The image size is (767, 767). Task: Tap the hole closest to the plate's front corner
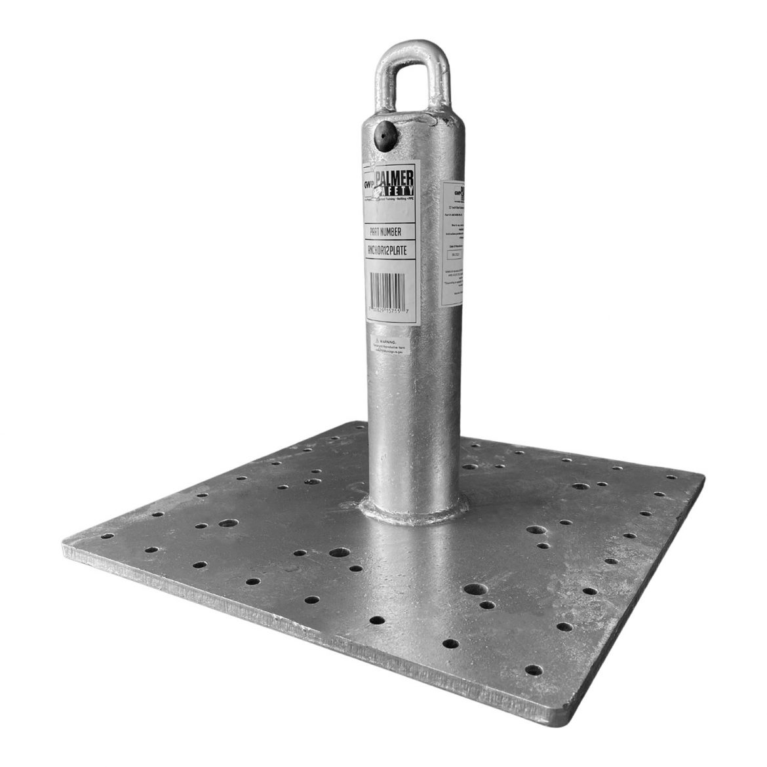click(x=534, y=670)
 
